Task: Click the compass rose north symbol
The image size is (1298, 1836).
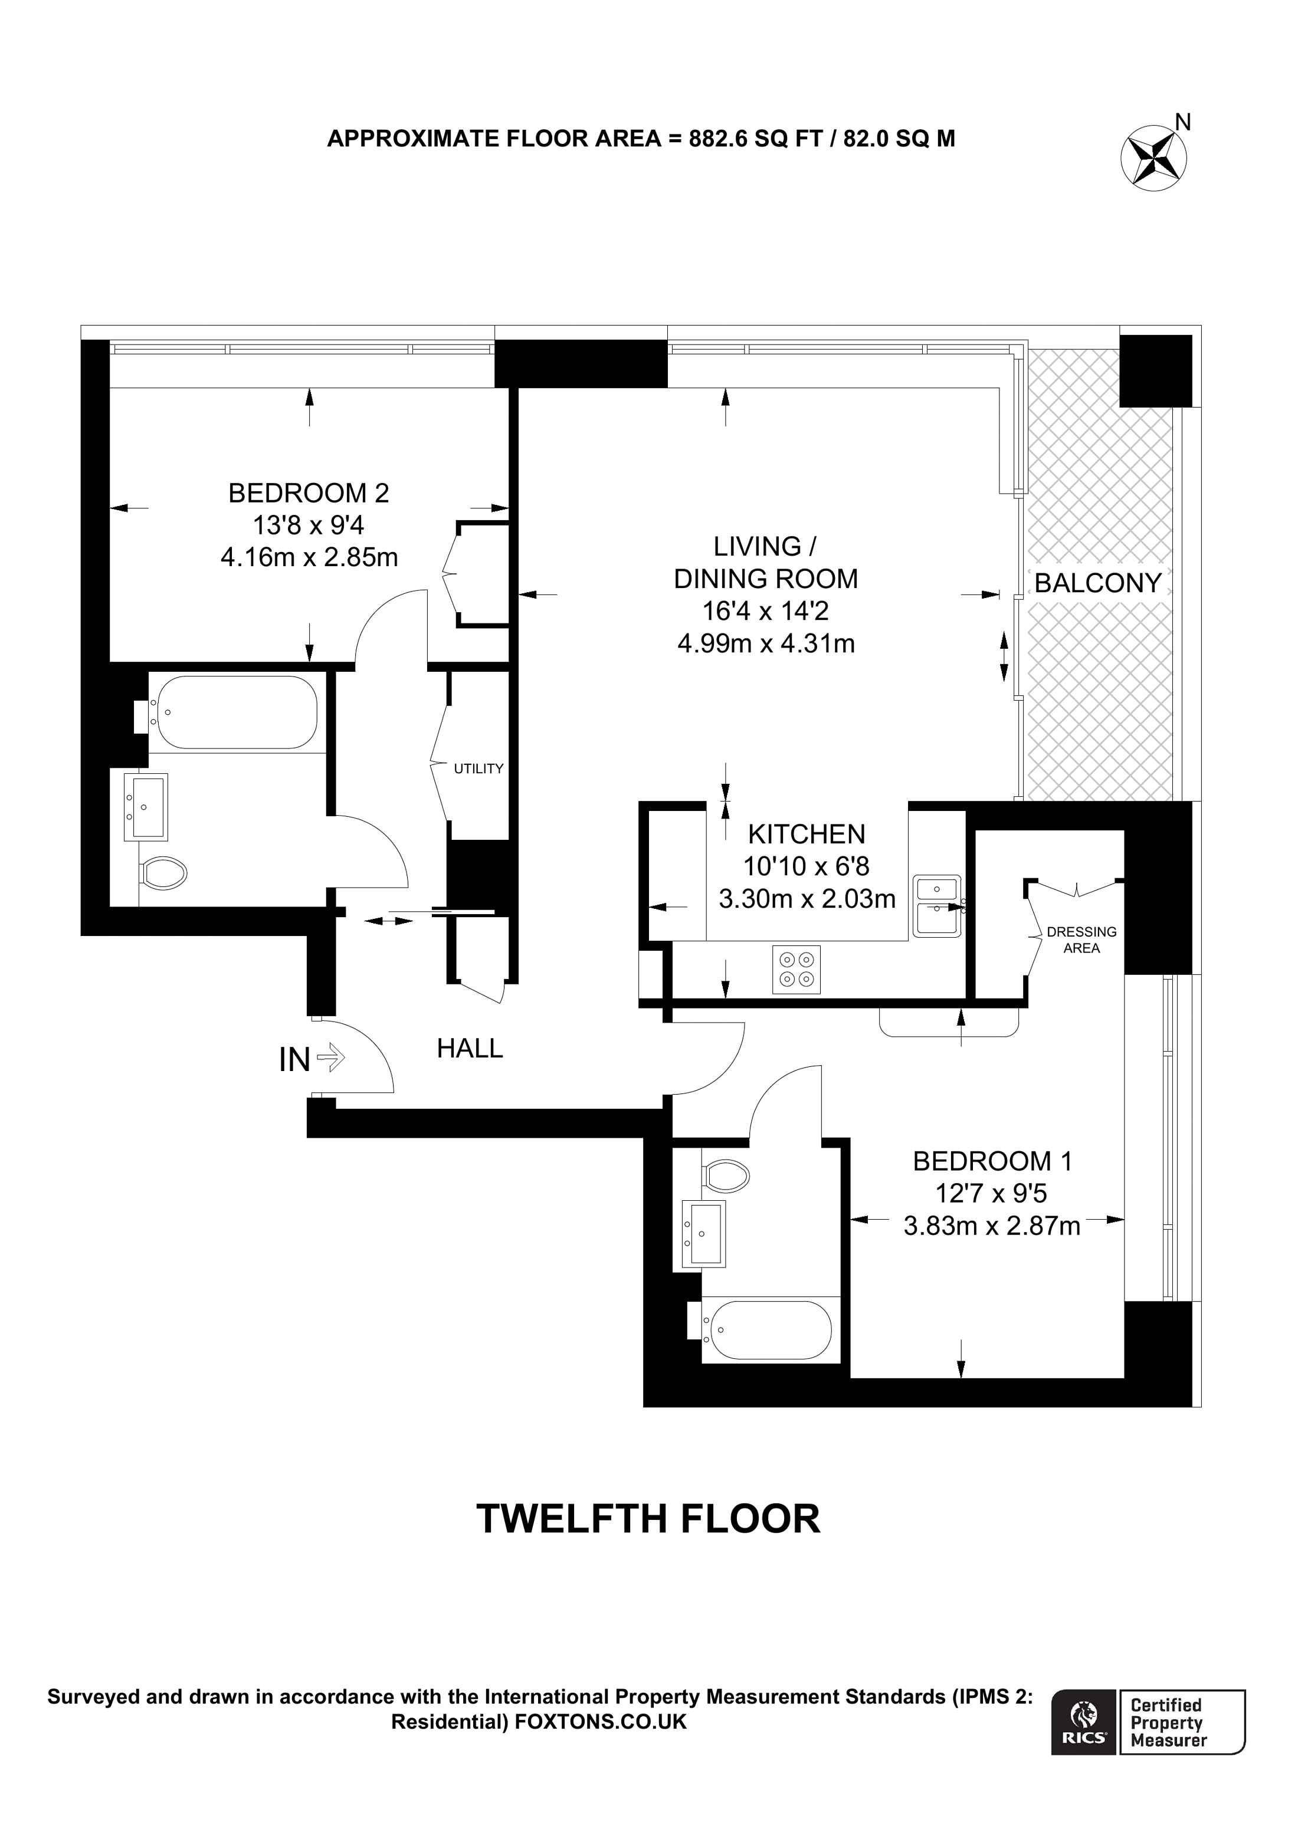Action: coord(1153,157)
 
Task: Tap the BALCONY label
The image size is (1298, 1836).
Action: coord(1097,583)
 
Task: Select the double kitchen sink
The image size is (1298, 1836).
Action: coord(938,906)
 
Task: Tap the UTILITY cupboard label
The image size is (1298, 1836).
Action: coord(478,768)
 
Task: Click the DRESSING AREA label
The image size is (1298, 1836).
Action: coord(1081,940)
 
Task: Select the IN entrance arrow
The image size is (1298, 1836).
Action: coord(330,1058)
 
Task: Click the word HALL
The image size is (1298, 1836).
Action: coord(470,1049)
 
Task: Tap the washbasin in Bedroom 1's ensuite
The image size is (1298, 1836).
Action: coord(704,1234)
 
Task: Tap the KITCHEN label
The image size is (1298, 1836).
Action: coord(806,834)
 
